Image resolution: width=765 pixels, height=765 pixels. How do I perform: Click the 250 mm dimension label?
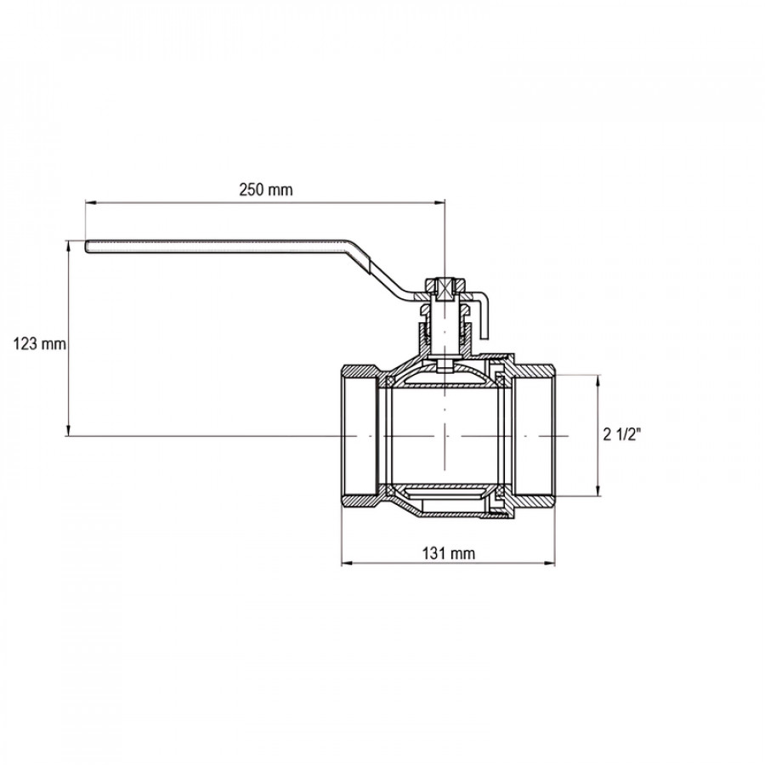[x=266, y=190]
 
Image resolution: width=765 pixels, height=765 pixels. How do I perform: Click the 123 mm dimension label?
[x=39, y=344]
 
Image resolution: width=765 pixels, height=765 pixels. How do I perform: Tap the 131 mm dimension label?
[x=448, y=553]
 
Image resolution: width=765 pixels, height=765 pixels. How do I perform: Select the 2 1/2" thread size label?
[x=621, y=434]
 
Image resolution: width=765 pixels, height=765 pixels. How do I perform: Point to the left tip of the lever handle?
[x=86, y=246]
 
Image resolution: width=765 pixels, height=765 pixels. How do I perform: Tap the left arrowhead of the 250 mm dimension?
[x=91, y=202]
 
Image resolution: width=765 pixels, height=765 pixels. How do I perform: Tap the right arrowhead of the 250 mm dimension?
[x=439, y=202]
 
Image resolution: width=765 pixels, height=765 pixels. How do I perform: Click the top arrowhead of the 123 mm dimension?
[x=68, y=246]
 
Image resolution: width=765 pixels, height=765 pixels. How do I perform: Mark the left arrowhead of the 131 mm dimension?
[x=347, y=564]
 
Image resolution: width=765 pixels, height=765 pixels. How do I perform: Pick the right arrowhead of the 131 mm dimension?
[x=549, y=564]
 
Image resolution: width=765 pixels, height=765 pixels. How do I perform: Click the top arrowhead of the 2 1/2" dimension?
[x=598, y=381]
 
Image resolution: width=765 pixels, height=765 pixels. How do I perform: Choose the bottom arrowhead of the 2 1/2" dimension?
[x=598, y=490]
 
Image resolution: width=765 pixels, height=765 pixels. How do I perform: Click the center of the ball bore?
[x=445, y=436]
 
